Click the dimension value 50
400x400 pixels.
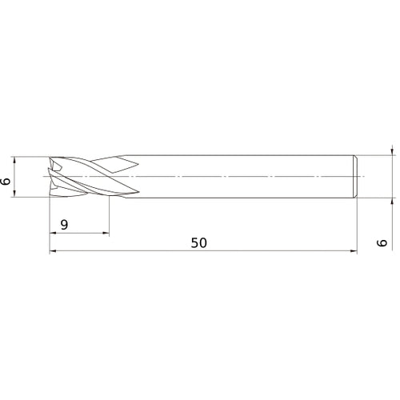point(198,243)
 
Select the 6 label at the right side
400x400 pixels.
point(382,242)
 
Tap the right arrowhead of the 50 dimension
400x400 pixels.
point(351,252)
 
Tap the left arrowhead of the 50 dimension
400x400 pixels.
point(54,252)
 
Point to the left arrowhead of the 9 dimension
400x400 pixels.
point(54,234)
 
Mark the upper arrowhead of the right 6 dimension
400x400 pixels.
point(392,150)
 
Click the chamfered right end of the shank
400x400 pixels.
point(354,175)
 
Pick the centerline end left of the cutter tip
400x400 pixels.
point(42,175)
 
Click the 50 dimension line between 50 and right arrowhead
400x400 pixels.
point(280,252)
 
